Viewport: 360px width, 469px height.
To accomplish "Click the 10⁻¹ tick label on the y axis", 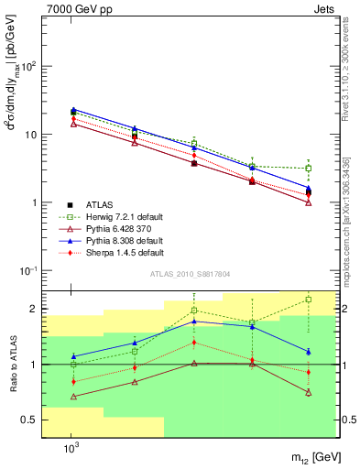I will coord(28,271).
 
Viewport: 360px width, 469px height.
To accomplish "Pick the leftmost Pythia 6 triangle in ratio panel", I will coord(73,397).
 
